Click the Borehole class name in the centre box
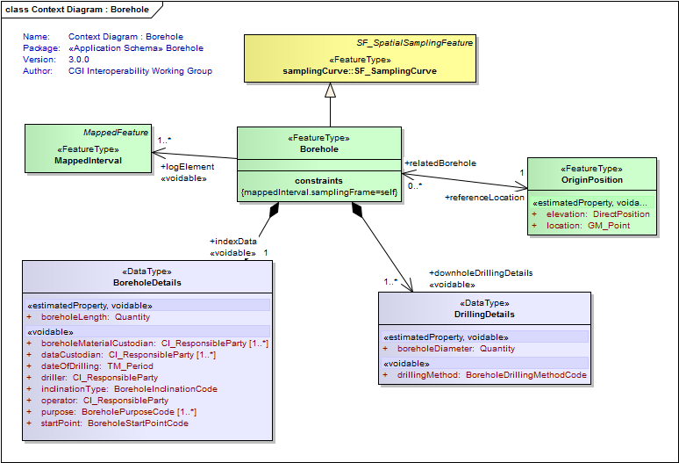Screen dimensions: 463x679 pyautogui.click(x=318, y=149)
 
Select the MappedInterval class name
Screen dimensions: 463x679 pyautogui.click(x=87, y=161)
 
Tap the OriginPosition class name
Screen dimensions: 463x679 pyautogui.click(x=592, y=179)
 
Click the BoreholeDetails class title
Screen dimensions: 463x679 pyautogui.click(x=147, y=283)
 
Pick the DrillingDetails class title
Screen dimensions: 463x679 pyautogui.click(x=484, y=314)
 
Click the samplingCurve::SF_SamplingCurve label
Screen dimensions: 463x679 pyautogui.click(x=358, y=70)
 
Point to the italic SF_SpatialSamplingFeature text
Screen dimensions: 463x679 pyautogui.click(x=414, y=42)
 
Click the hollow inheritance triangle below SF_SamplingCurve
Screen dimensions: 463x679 pyautogui.click(x=330, y=90)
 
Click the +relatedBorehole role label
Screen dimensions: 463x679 pyautogui.click(x=440, y=163)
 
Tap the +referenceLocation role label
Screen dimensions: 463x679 pyautogui.click(x=484, y=198)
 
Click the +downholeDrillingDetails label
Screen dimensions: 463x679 pyautogui.click(x=481, y=273)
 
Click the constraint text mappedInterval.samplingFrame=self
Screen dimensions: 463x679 pyautogui.click(x=318, y=192)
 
